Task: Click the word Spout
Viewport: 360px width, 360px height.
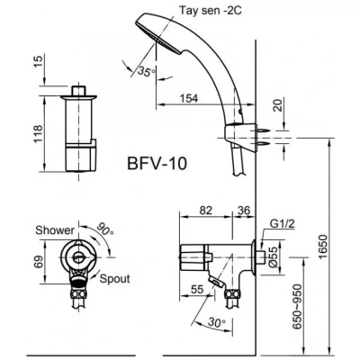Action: pos(114,280)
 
